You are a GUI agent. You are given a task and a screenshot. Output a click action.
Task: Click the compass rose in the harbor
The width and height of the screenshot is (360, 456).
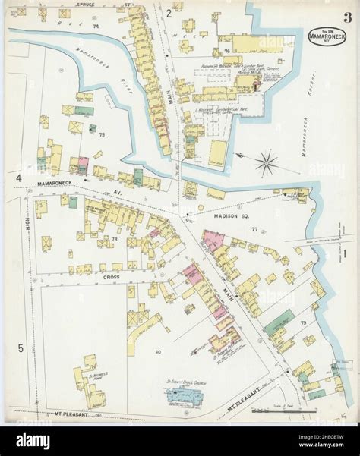click(x=266, y=161)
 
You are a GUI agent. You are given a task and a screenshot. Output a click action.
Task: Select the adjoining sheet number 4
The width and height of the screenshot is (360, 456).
click(x=17, y=178)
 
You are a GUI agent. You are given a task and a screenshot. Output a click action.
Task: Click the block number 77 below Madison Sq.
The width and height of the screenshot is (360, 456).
click(x=255, y=228)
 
